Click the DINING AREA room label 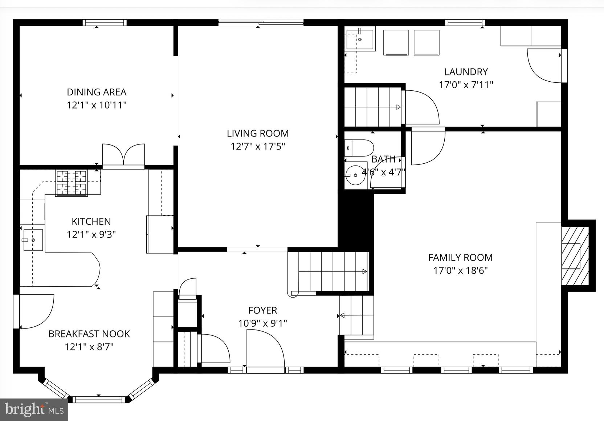[x=96, y=92]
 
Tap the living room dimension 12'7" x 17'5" [x=258, y=147]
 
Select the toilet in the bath [x=359, y=148]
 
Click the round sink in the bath [x=355, y=175]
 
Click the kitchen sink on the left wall [x=33, y=240]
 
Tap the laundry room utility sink [x=359, y=39]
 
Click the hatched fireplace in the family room [x=575, y=256]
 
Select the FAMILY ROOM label [x=460, y=258]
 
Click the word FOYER [x=262, y=310]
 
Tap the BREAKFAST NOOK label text [x=89, y=334]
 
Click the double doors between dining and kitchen [x=123, y=155]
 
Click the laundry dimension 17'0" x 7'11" [x=466, y=85]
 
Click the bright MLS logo [x=34, y=410]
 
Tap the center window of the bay [x=99, y=400]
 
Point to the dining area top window [x=105, y=23]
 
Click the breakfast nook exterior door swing [x=35, y=310]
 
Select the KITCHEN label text [x=91, y=221]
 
